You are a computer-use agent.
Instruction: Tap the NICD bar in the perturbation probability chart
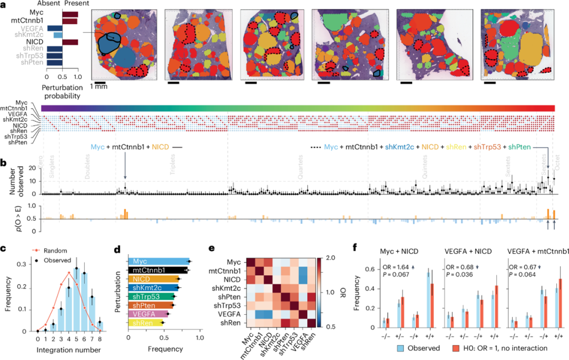(x=71, y=42)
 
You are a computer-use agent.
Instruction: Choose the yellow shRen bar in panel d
(x=146, y=322)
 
